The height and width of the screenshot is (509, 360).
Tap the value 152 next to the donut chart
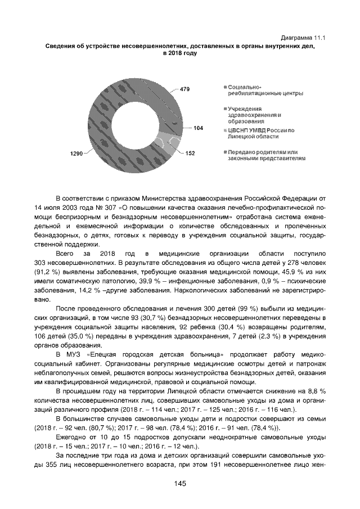click(190, 153)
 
